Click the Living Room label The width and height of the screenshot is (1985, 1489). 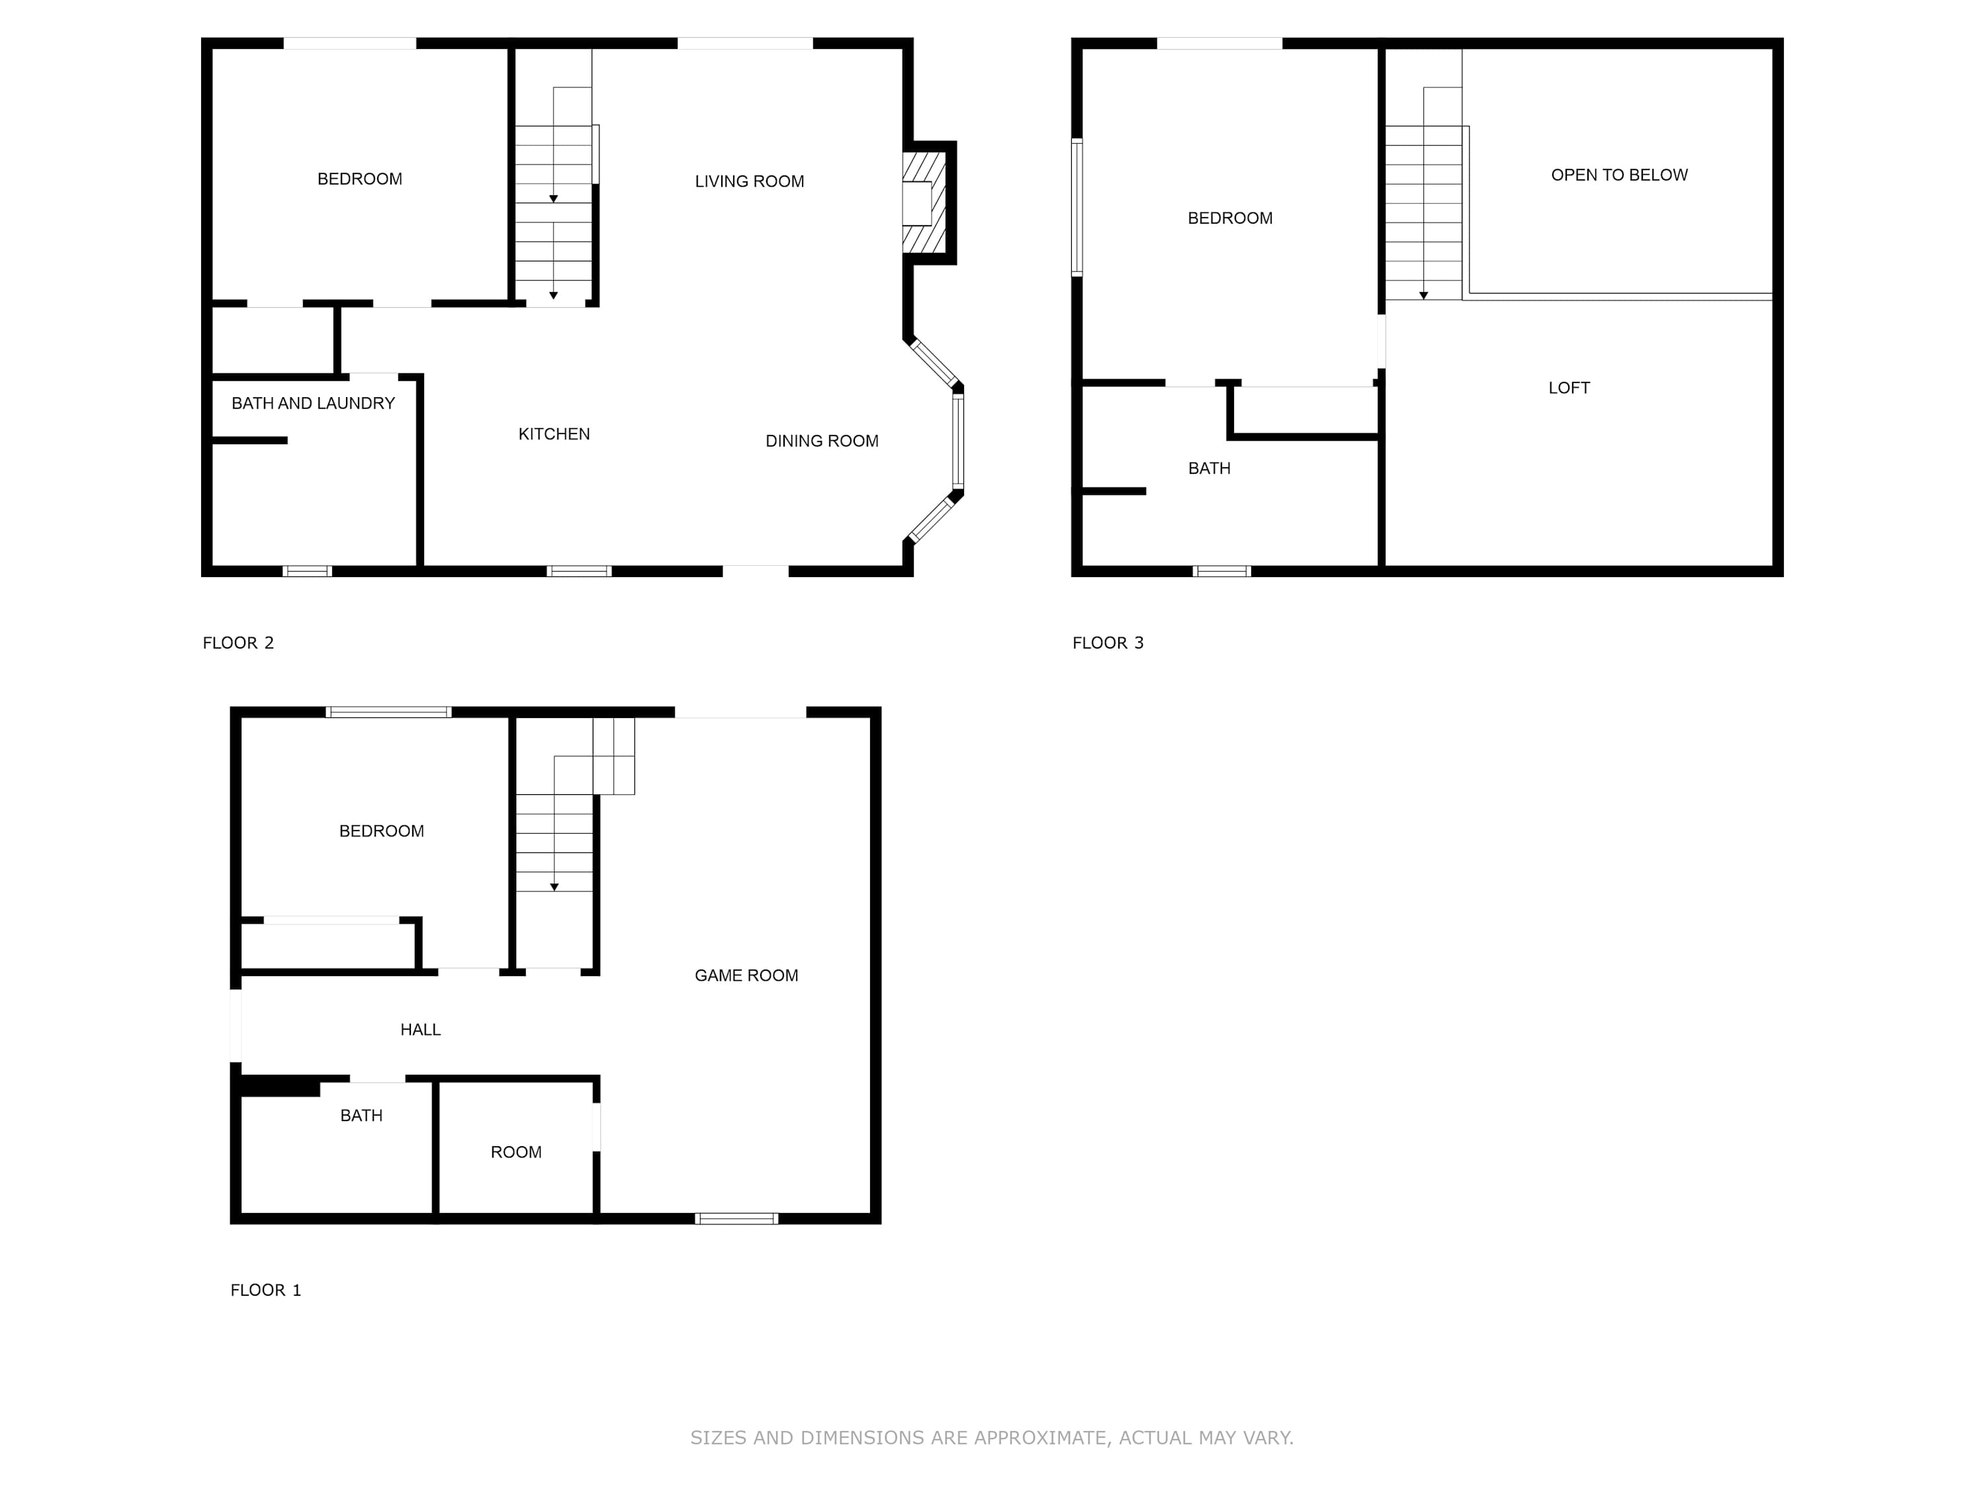pyautogui.click(x=749, y=181)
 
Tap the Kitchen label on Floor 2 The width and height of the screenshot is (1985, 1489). pyautogui.click(x=554, y=434)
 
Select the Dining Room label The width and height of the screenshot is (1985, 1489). pyautogui.click(x=822, y=441)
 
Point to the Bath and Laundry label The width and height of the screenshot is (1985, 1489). pyautogui.click(x=313, y=404)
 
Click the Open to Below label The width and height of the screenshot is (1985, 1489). pyautogui.click(x=1619, y=175)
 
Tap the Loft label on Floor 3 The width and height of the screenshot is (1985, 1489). pyautogui.click(x=1569, y=388)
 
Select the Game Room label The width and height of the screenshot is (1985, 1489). pyautogui.click(x=746, y=975)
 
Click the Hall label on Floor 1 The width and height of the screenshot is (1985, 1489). pyautogui.click(x=420, y=1030)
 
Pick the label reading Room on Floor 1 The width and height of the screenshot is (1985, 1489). pyautogui.click(x=516, y=1152)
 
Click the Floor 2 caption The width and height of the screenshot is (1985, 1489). pyautogui.click(x=238, y=643)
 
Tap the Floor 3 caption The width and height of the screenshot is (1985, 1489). pyautogui.click(x=1108, y=643)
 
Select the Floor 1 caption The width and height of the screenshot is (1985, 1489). pyautogui.click(x=265, y=1290)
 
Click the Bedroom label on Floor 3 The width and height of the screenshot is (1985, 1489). pyautogui.click(x=1229, y=218)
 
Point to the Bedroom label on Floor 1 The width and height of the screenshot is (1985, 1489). pyautogui.click(x=381, y=831)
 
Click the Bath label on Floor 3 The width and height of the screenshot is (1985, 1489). pyautogui.click(x=1209, y=469)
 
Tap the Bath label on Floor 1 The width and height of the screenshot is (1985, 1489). pyautogui.click(x=361, y=1116)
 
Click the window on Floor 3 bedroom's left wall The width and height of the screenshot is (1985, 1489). pyautogui.click(x=1077, y=206)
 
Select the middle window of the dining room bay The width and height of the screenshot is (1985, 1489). pyautogui.click(x=957, y=441)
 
